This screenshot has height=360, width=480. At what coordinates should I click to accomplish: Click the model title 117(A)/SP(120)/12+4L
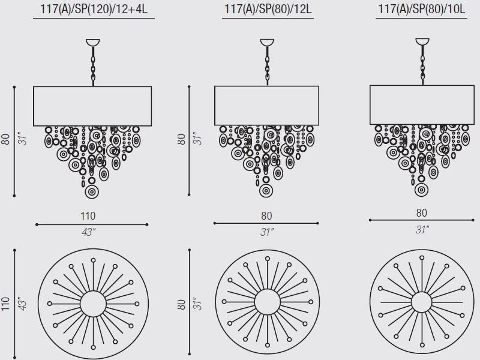(94, 9)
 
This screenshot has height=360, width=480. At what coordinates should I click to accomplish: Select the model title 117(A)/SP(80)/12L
(268, 9)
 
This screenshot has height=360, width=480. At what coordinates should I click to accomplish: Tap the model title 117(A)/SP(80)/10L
(422, 9)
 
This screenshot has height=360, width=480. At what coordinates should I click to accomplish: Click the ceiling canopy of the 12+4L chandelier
(93, 42)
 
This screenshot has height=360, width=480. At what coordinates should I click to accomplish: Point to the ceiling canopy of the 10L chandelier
(422, 41)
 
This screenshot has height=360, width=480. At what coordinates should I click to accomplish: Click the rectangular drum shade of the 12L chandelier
(266, 106)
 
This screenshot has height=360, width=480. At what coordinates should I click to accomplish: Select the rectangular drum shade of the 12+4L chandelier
(92, 106)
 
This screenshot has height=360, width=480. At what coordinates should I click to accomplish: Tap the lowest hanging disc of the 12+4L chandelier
(92, 192)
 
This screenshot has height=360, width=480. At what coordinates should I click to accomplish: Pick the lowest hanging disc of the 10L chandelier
(421, 190)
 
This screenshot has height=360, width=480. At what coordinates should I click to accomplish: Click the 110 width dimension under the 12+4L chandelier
(88, 216)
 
